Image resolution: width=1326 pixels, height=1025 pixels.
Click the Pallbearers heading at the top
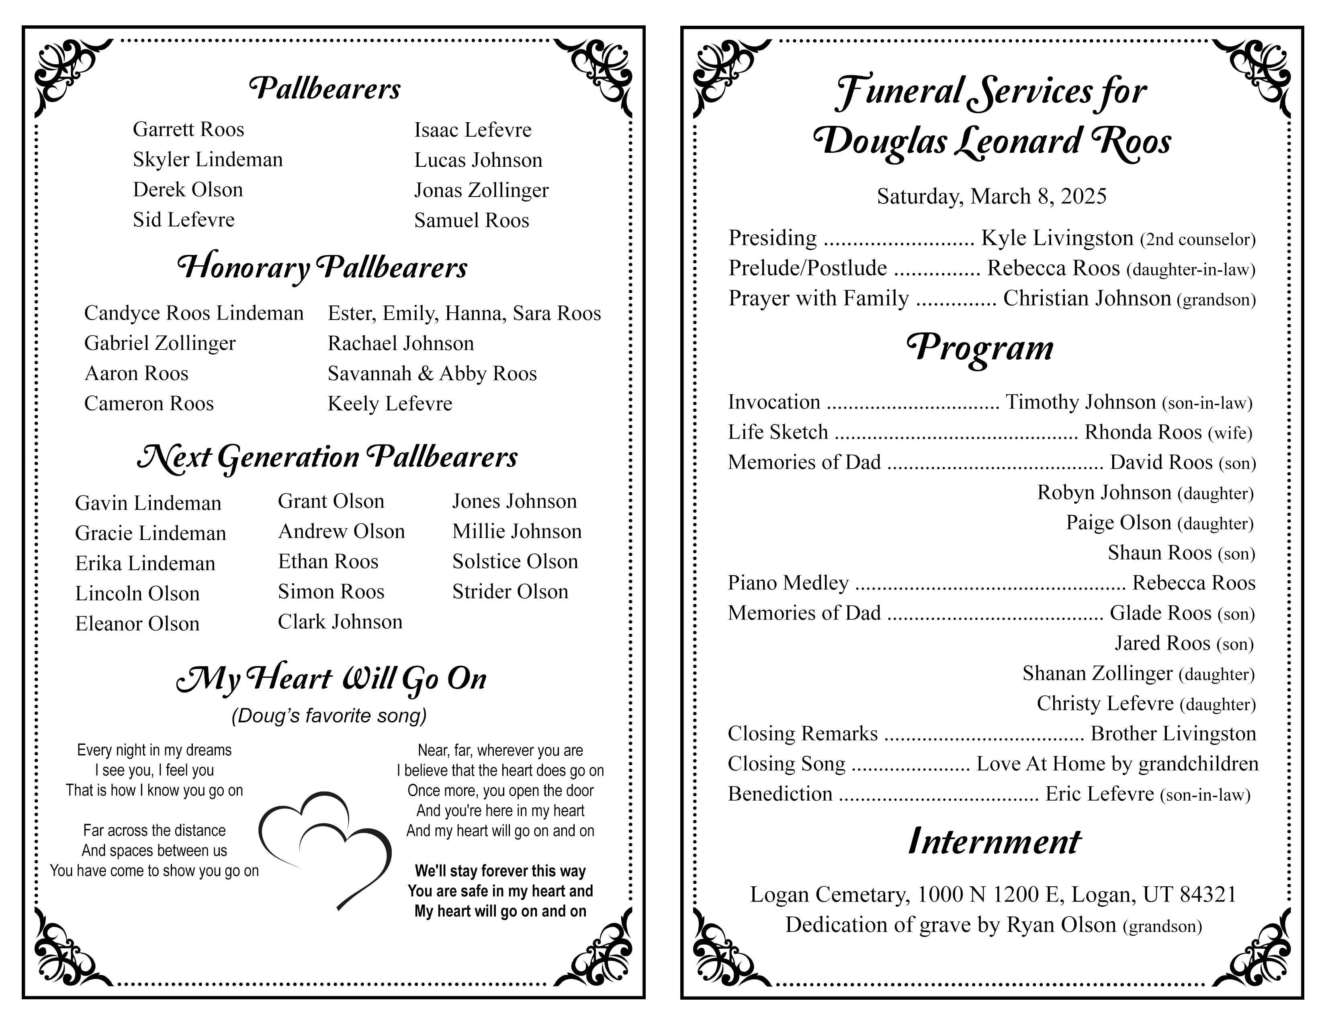(x=325, y=89)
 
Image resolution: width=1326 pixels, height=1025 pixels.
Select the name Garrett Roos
(x=188, y=129)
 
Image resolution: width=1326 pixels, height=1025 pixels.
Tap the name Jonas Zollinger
(x=481, y=190)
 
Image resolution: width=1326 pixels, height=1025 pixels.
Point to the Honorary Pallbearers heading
(x=322, y=268)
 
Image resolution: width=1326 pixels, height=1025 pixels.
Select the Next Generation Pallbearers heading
(x=327, y=457)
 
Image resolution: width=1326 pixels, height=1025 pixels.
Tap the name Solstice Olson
(x=515, y=561)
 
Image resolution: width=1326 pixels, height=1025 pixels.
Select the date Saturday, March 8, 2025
(x=991, y=196)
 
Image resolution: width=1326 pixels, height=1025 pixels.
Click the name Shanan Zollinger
(x=1097, y=673)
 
